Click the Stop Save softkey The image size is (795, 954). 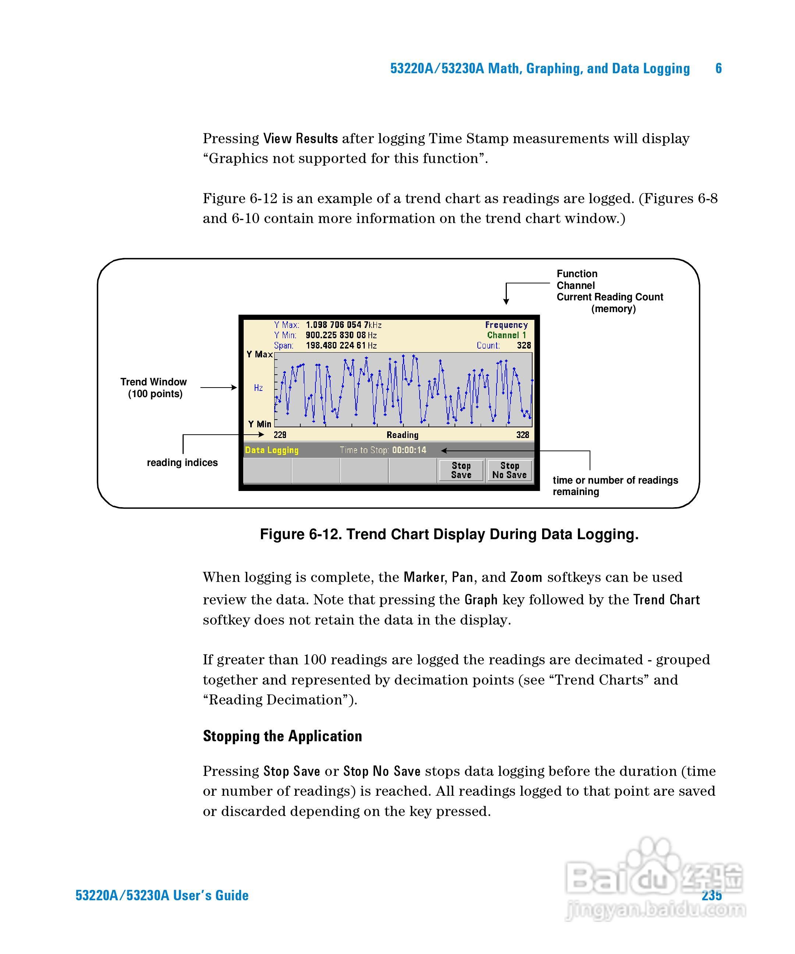point(461,470)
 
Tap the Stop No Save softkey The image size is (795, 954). point(509,470)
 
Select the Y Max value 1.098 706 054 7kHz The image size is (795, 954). point(343,325)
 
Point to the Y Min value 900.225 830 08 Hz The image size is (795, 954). point(341,335)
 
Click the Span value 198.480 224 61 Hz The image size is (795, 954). point(341,346)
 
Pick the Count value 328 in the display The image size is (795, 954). point(524,346)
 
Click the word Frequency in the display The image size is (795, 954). point(506,325)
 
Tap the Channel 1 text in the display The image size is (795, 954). point(506,335)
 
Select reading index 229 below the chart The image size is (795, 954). point(280,435)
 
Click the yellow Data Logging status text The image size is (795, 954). point(272,450)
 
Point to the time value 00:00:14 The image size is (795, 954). point(409,450)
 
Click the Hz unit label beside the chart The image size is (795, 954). point(258,388)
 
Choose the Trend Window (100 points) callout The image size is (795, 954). point(153,388)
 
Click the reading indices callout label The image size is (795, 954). point(182,463)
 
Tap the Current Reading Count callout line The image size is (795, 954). point(609,297)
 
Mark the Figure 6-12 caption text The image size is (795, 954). point(449,534)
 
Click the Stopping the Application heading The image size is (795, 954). point(282,736)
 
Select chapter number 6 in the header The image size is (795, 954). point(718,68)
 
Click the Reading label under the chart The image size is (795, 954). point(402,435)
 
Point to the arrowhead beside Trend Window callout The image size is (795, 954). point(234,388)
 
